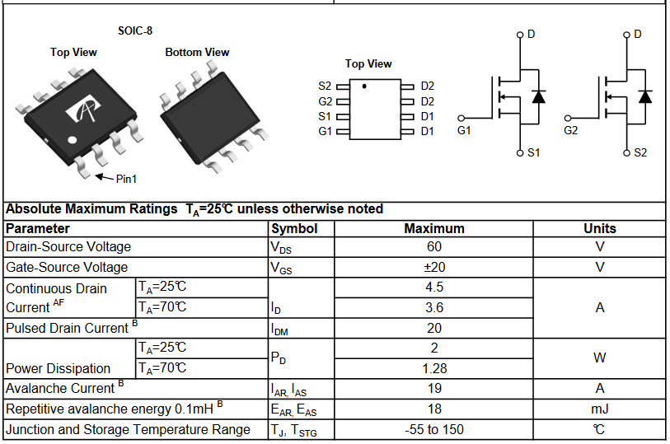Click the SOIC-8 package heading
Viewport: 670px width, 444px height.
point(135,30)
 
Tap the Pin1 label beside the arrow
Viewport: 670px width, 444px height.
point(126,179)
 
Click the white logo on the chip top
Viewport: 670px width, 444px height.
point(84,110)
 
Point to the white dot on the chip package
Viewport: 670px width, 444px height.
point(73,139)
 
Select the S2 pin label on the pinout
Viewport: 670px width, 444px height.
point(325,86)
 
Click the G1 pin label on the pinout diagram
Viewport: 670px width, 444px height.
point(325,132)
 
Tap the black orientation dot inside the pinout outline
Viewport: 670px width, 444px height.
point(364,86)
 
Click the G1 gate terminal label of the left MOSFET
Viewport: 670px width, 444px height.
point(464,130)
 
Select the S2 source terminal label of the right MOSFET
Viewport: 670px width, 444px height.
point(640,153)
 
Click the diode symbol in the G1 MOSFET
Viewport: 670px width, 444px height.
point(538,97)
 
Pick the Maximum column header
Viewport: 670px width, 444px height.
point(434,229)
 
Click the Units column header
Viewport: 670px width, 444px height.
point(600,229)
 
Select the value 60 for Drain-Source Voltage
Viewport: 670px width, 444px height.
point(434,247)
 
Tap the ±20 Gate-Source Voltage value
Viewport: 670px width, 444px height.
point(434,267)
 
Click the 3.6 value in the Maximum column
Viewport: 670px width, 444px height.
point(434,307)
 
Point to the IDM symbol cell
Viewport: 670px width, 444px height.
point(279,329)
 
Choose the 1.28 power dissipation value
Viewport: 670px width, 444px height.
point(434,368)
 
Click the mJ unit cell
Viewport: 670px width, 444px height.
point(600,409)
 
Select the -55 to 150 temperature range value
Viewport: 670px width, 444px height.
point(434,429)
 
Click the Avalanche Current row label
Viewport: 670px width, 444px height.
point(65,388)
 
